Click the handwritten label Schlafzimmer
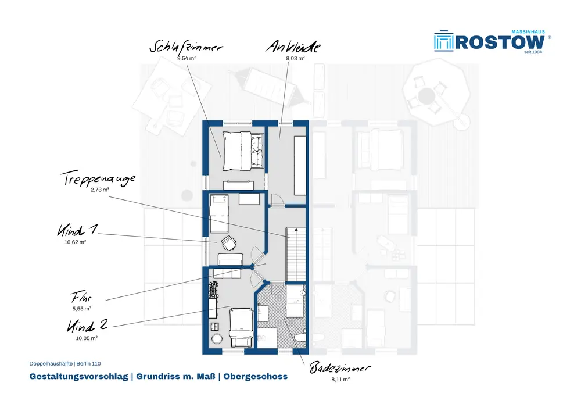click(186, 48)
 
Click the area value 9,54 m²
click(186, 59)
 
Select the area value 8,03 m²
click(295, 59)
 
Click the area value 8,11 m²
click(339, 380)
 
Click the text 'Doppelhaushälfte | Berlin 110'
click(65, 363)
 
